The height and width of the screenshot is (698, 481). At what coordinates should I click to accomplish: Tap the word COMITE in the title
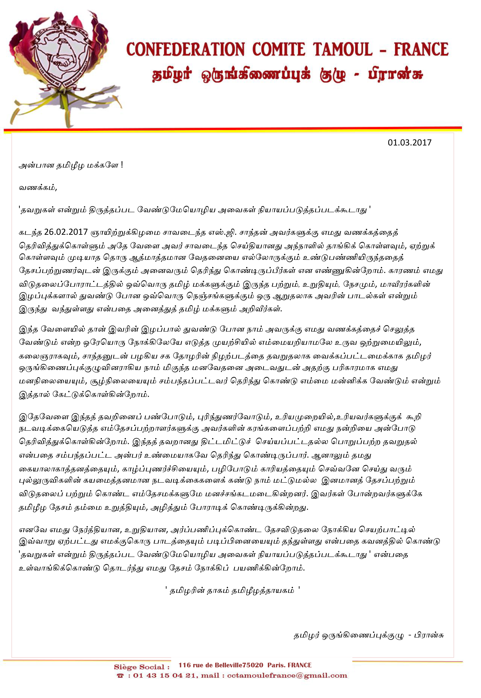coord(278,50)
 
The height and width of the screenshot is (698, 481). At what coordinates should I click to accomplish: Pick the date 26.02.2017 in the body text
coord(66,232)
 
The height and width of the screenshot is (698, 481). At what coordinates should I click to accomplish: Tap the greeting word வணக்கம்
coord(37,187)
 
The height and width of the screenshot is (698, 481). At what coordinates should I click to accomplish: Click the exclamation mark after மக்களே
coord(122,165)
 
